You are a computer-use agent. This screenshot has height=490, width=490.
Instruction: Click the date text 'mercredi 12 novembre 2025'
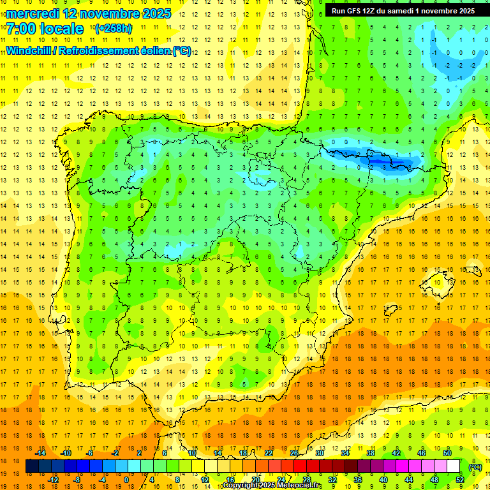click(89, 13)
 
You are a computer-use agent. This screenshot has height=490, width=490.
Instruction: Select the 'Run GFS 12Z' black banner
click(403, 11)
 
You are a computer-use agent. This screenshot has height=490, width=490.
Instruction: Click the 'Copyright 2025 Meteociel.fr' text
click(272, 486)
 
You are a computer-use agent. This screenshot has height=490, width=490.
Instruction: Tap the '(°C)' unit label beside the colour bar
click(475, 467)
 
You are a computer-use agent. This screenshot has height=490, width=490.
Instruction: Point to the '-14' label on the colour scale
click(41, 453)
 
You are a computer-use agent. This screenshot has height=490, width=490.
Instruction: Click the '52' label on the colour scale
click(459, 480)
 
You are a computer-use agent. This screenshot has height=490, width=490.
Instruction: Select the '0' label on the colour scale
click(126, 480)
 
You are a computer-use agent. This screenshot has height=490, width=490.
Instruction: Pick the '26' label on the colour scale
click(294, 453)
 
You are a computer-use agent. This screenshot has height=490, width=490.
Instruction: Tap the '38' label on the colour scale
click(370, 453)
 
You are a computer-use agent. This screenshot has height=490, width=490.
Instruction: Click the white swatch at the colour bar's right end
click(454, 466)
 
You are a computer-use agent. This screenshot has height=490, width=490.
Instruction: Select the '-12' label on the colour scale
click(53, 480)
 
